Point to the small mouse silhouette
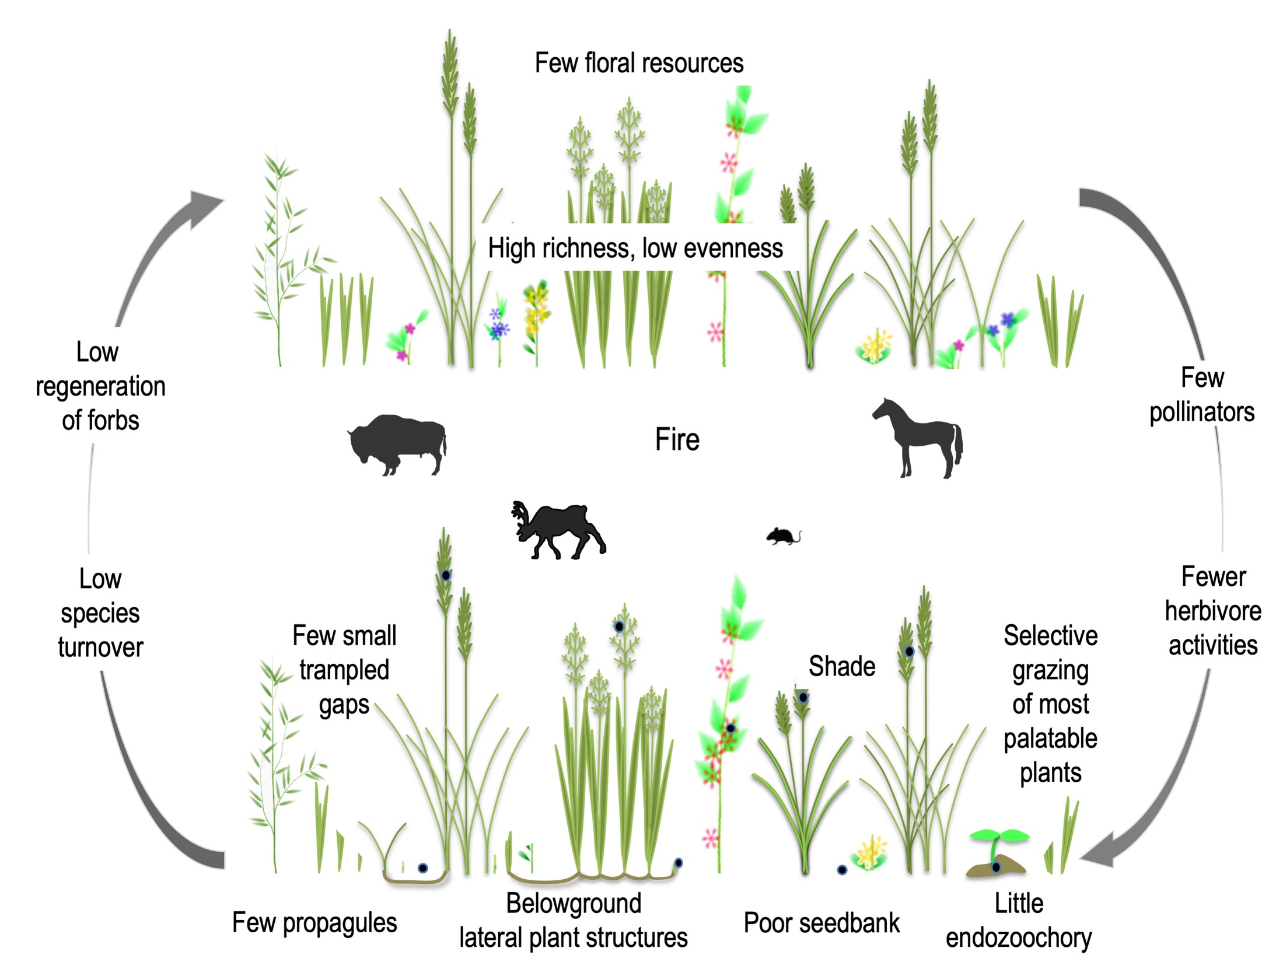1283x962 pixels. pos(782,536)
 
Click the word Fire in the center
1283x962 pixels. pos(677,439)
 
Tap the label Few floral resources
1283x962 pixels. pos(639,63)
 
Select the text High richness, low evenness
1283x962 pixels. pos(635,249)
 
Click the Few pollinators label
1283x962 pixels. pos(1202,395)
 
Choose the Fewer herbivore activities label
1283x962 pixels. pos(1213,611)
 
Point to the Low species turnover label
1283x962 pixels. pos(100,613)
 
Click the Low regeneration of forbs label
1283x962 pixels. pos(100,386)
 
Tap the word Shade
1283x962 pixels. pos(842,666)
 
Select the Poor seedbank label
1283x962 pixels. pos(821,923)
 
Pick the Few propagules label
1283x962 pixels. pos(314,923)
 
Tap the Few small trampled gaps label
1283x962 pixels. pos(344,670)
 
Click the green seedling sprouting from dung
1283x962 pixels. pos(999,840)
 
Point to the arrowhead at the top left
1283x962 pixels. pos(204,205)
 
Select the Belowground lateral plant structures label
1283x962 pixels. pos(574,921)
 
